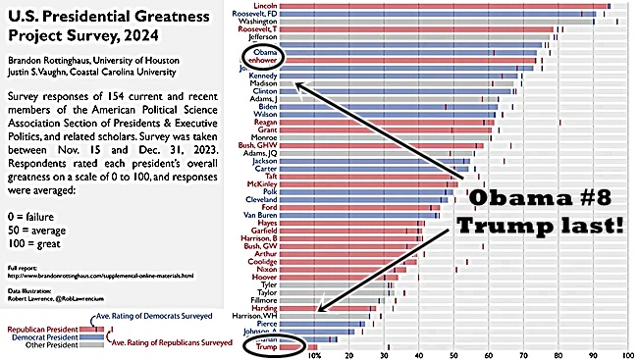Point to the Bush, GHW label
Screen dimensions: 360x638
256,145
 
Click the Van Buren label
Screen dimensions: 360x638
257,215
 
